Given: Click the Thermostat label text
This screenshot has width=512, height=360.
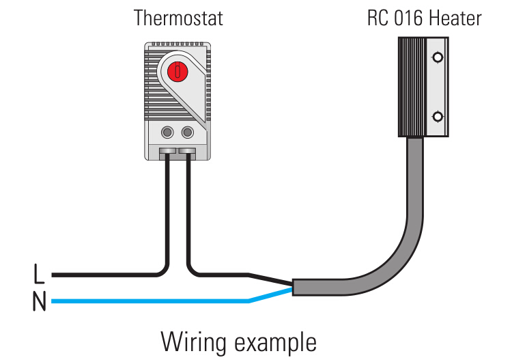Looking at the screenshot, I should pos(178,18).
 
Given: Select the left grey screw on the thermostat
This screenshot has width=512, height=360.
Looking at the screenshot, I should pos(167,132).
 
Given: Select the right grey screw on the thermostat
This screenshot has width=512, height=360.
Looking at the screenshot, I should pos(187,132).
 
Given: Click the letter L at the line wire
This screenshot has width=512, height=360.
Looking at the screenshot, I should pos(40,275).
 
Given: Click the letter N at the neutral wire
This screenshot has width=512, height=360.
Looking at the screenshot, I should pos(40,301).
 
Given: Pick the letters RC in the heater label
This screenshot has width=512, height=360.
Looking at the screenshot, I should pos(377,18).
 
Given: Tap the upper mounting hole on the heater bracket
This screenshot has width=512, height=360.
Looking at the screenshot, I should pos(438,54).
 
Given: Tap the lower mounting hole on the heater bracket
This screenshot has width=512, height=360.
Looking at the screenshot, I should pos(438,117).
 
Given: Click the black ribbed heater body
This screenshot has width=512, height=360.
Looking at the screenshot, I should pos(411,85).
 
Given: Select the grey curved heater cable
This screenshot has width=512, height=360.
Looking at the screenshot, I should pos(403,246).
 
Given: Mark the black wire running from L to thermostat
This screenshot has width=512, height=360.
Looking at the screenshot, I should pos(109,275).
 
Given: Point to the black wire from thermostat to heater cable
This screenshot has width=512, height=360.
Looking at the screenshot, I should pos(218,275).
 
